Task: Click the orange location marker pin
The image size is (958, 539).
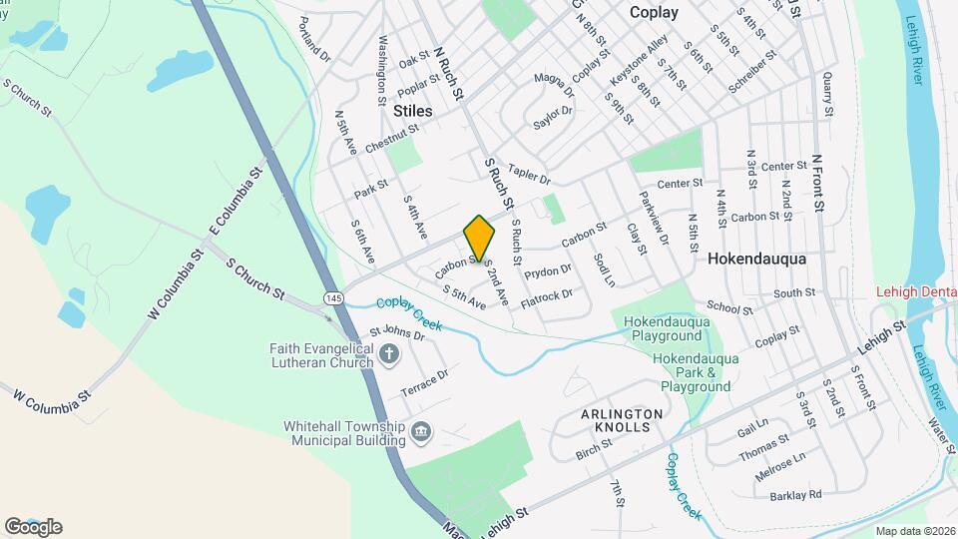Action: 480,238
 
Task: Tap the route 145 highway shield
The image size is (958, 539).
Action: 333,298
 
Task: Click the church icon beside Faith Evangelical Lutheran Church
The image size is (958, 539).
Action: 389,353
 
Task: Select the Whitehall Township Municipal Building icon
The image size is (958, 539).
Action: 421,431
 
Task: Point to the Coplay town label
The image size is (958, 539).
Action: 654,13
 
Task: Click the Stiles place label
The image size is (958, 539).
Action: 413,111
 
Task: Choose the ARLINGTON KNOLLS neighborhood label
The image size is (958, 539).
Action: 622,421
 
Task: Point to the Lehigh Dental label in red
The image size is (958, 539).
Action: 916,291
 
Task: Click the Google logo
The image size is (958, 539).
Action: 33,526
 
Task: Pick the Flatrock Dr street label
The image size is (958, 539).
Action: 547,297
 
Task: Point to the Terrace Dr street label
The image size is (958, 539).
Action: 424,381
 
